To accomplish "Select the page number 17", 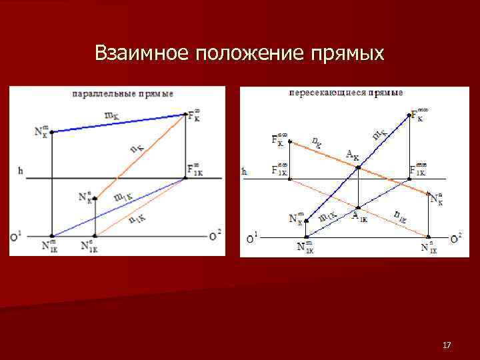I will [447, 345].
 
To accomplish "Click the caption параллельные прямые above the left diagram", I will [123, 94].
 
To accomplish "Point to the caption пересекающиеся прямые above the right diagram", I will [345, 92].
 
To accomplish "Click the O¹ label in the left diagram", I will [17, 235].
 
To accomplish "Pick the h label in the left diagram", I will [21, 171].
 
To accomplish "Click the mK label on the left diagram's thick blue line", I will [113, 115].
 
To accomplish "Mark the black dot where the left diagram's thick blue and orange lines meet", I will [186, 115].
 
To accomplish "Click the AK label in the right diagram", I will [352, 155].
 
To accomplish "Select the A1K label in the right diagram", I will [359, 215].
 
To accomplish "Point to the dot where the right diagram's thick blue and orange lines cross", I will [359, 167].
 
